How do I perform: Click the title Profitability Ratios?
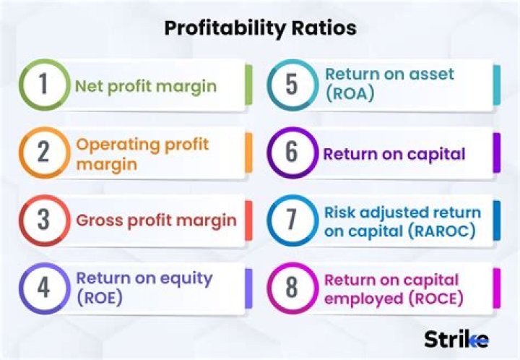pyautogui.click(x=260, y=28)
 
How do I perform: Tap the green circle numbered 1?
pyautogui.click(x=43, y=85)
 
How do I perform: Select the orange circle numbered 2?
pyautogui.click(x=43, y=153)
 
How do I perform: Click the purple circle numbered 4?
pyautogui.click(x=43, y=288)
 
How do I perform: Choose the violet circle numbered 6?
pyautogui.click(x=291, y=153)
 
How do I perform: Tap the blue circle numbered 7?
pyautogui.click(x=291, y=220)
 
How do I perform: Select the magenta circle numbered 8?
pyautogui.click(x=291, y=288)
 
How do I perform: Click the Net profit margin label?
pyautogui.click(x=146, y=87)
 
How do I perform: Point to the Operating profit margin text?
pyautogui.click(x=142, y=153)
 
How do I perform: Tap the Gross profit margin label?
pyautogui.click(x=156, y=220)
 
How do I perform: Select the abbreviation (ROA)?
pyautogui.click(x=350, y=93)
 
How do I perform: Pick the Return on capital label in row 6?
pyautogui.click(x=394, y=154)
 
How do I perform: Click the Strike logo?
pyautogui.click(x=456, y=338)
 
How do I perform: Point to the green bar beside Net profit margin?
pyautogui.click(x=248, y=85)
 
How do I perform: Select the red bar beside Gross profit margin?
pyautogui.click(x=248, y=220)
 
